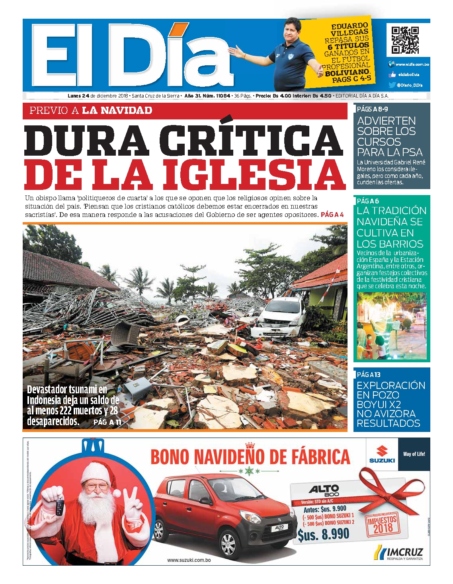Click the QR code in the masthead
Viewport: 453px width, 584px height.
[x=405, y=40]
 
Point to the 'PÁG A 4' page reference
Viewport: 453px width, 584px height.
[x=332, y=215]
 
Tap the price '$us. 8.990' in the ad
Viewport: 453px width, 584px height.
[x=323, y=534]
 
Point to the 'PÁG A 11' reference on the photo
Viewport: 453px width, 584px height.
[x=107, y=422]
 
